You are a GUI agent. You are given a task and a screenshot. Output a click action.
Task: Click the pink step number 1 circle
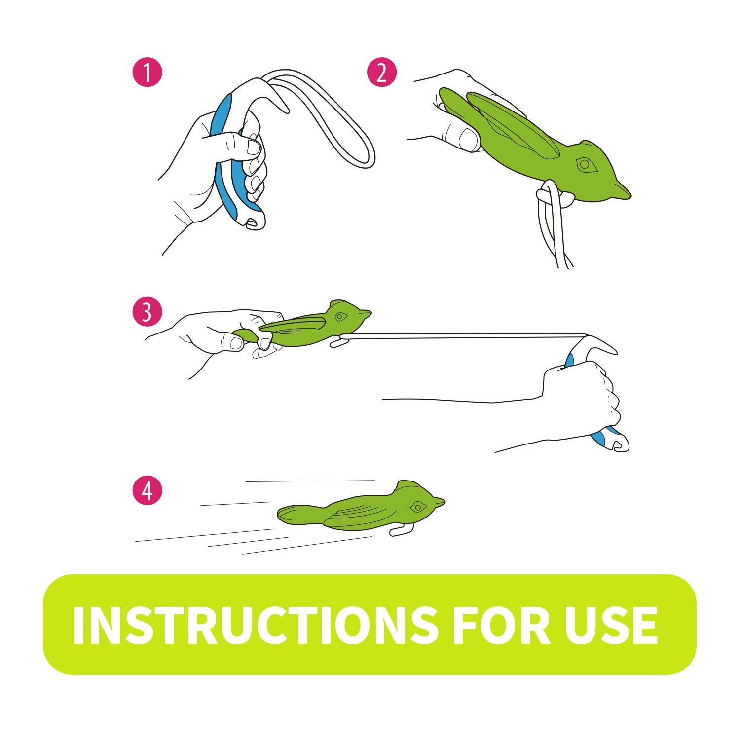click(x=147, y=73)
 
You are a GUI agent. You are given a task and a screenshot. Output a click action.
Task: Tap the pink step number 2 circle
click(x=382, y=73)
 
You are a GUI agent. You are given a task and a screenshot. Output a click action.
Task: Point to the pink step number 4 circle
click(x=147, y=489)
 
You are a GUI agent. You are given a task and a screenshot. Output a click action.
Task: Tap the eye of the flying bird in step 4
click(x=419, y=506)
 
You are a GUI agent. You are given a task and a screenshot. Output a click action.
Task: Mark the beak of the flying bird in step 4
click(x=439, y=503)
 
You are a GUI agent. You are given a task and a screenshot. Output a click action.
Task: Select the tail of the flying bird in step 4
click(x=291, y=515)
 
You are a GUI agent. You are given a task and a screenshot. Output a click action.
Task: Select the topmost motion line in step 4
click(x=310, y=481)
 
